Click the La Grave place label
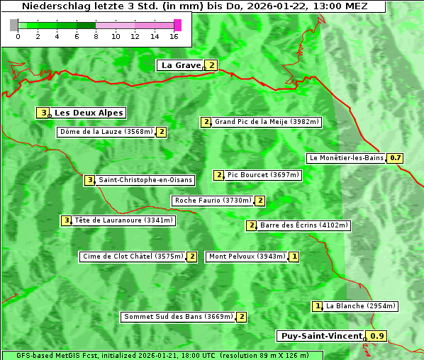[x=181, y=65]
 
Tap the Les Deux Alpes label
[x=89, y=113]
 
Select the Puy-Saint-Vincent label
[x=321, y=336]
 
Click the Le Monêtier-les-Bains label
[x=346, y=158]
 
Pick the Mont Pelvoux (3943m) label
[x=247, y=257]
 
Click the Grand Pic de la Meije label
[x=267, y=122]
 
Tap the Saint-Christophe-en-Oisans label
[x=145, y=180]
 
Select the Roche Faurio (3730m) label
[x=213, y=201]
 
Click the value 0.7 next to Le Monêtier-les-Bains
[x=395, y=158]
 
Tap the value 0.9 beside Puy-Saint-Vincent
[x=378, y=336]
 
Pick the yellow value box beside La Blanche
[x=318, y=306]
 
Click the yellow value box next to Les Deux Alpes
[x=44, y=113]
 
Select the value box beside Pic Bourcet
[x=219, y=175]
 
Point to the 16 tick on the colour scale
[x=174, y=36]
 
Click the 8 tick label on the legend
[x=96, y=36]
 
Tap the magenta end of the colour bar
[x=177, y=25]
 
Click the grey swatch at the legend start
[x=14, y=25]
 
